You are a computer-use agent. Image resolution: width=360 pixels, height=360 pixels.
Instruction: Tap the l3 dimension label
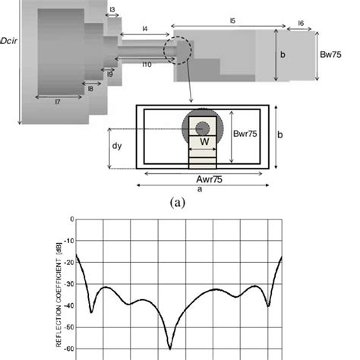112,10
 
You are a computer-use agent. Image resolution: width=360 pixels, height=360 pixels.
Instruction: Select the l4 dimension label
144,29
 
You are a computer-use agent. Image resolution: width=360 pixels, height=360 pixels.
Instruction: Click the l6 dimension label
301,24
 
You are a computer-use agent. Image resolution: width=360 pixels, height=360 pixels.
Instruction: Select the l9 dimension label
110,74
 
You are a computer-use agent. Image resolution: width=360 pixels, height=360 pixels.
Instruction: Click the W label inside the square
203,141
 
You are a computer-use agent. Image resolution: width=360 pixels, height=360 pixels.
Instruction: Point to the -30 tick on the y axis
71,284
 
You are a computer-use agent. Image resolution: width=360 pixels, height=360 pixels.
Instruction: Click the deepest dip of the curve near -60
170,348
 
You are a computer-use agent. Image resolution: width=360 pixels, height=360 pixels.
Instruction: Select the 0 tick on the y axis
72,219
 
